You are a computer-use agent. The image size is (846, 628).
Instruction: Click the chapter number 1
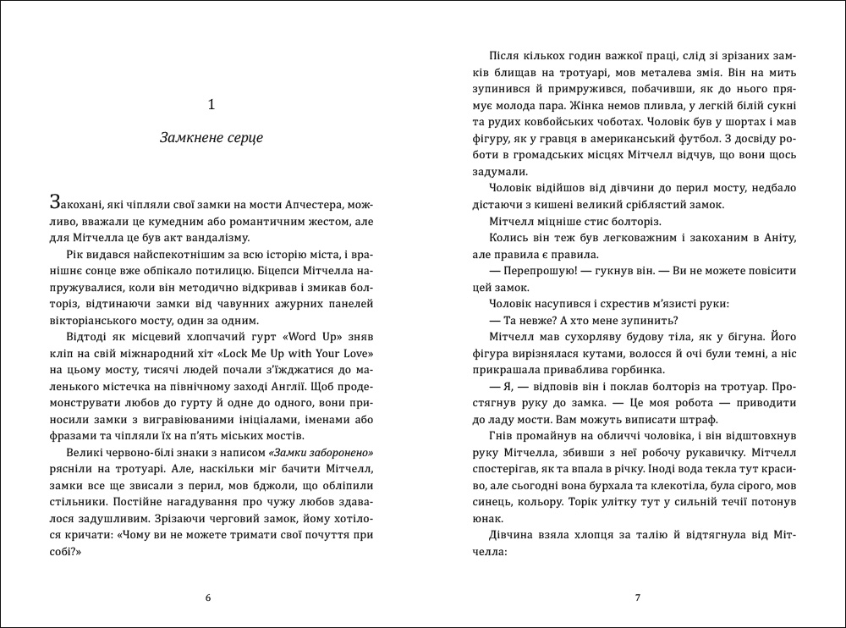[x=211, y=104]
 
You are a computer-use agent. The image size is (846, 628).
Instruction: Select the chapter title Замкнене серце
[x=211, y=137]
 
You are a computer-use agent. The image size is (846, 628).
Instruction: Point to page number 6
[x=209, y=598]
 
